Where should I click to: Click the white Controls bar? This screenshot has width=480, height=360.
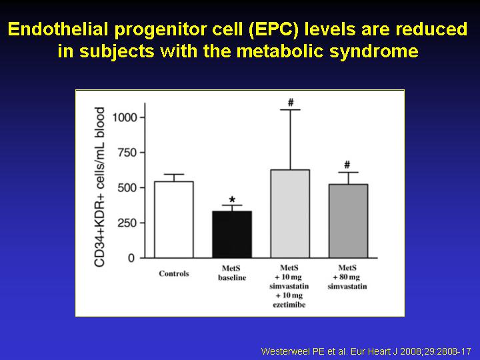point(174,219)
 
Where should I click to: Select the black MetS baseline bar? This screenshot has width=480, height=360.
point(232,235)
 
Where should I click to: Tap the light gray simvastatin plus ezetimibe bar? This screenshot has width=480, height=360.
point(290,214)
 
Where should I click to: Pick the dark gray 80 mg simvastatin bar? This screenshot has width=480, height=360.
point(348,221)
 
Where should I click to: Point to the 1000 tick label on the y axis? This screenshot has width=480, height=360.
point(124,117)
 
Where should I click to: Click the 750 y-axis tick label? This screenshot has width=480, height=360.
point(127,153)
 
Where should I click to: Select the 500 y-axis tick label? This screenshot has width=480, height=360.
point(127,187)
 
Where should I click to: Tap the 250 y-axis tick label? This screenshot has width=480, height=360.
point(127,223)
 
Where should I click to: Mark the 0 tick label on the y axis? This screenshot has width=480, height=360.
point(131,258)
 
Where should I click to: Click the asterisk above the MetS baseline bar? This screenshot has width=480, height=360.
point(232,200)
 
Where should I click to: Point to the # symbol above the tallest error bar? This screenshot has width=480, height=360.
point(291,103)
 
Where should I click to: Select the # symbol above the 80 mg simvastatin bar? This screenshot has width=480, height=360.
point(347,165)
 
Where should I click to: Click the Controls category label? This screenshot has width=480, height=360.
point(174,273)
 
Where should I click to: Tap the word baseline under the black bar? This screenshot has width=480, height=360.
point(232,277)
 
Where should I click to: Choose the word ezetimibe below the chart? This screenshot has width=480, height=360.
point(289,305)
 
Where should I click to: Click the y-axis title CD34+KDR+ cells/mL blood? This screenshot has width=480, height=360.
point(99,187)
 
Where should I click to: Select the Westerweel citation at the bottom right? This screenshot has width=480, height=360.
point(366,351)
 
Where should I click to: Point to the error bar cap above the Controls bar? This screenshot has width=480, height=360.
point(174,174)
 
